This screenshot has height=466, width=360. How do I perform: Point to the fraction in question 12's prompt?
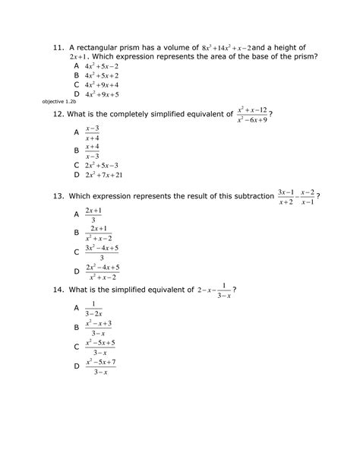pyautogui.click(x=253, y=114)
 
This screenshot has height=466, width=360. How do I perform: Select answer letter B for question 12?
pyautogui.click(x=76, y=151)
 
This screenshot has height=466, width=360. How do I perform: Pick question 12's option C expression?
pyautogui.click(x=102, y=165)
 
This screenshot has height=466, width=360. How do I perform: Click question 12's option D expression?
pyautogui.click(x=104, y=175)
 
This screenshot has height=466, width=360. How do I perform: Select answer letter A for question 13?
pyautogui.click(x=76, y=215)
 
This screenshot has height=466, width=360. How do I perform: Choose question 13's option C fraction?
pyautogui.click(x=102, y=252)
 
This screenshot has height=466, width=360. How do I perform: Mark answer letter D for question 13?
pyautogui.click(x=76, y=271)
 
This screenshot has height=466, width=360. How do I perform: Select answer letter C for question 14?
pyautogui.click(x=76, y=347)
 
